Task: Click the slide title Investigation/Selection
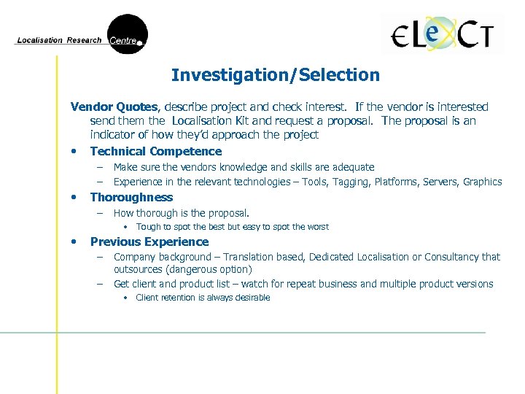275,75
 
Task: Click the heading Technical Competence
155,151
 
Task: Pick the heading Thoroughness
131,197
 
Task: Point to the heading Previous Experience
149,242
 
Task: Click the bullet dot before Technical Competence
74,152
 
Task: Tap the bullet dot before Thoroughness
74,198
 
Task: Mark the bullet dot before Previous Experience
74,242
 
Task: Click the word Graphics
483,182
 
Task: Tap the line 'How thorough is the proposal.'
182,213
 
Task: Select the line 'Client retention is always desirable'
203,298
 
